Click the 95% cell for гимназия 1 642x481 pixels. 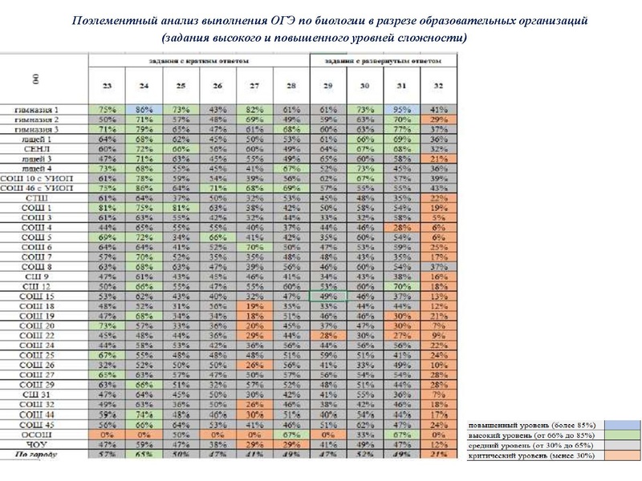click(x=400, y=109)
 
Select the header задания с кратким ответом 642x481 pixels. click(x=197, y=61)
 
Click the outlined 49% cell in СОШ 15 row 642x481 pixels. click(x=327, y=296)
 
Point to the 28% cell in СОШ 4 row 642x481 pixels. click(x=400, y=227)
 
